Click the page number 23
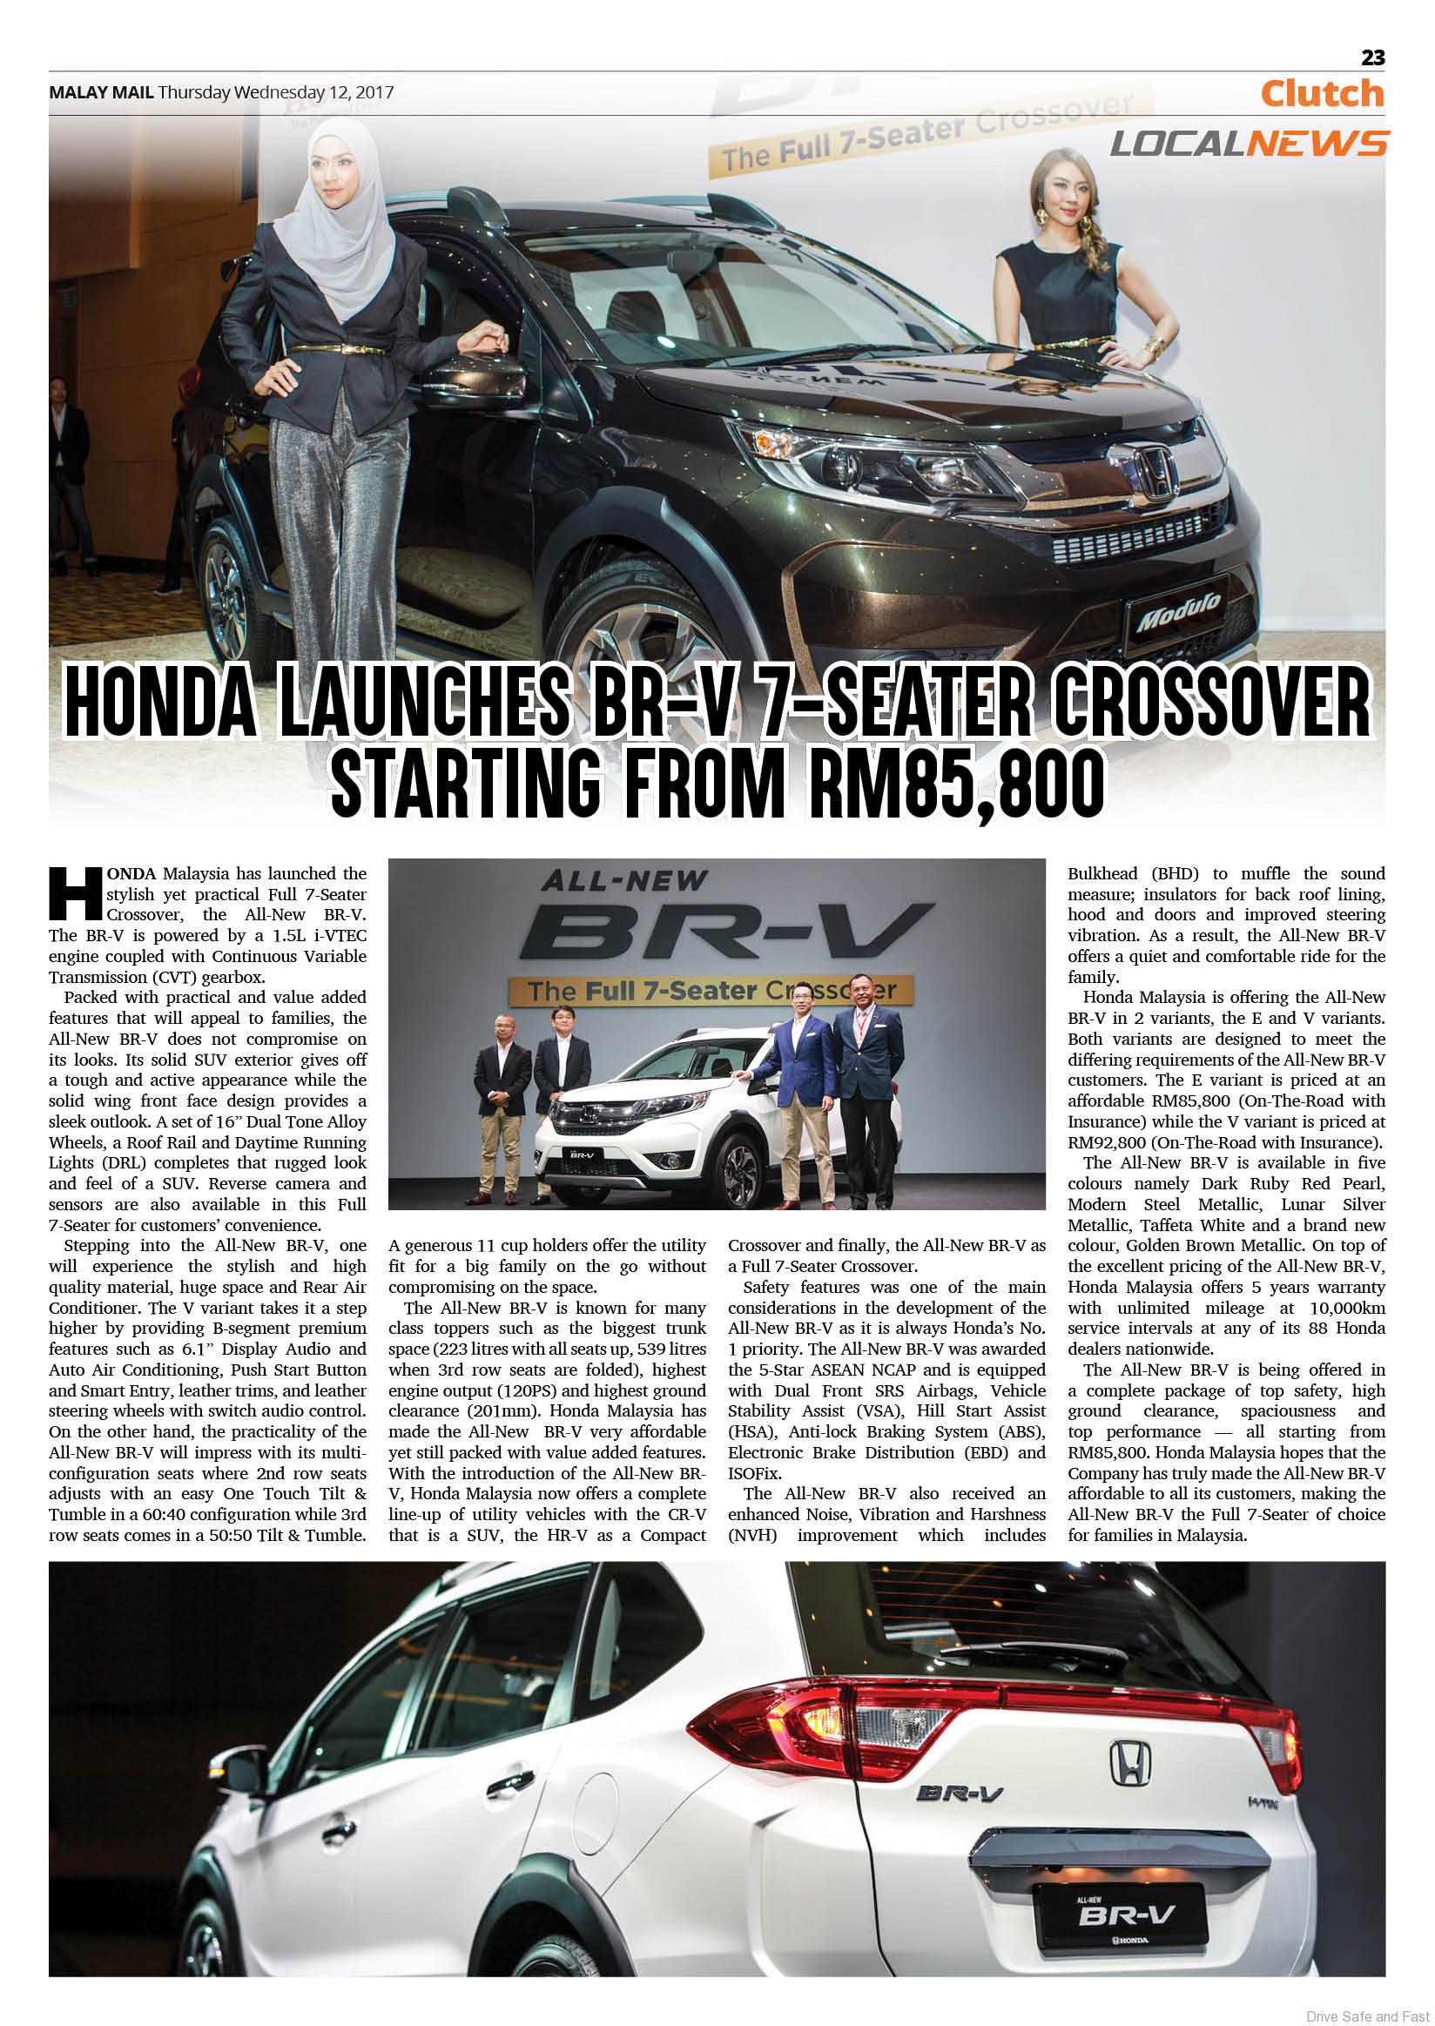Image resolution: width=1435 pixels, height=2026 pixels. point(1372,57)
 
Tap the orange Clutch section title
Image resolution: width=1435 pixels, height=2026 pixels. point(1322,94)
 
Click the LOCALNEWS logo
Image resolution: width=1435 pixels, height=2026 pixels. point(1248,143)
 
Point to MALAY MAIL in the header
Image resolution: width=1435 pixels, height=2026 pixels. point(101,92)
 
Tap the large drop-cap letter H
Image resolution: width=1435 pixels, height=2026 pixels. point(76,893)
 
